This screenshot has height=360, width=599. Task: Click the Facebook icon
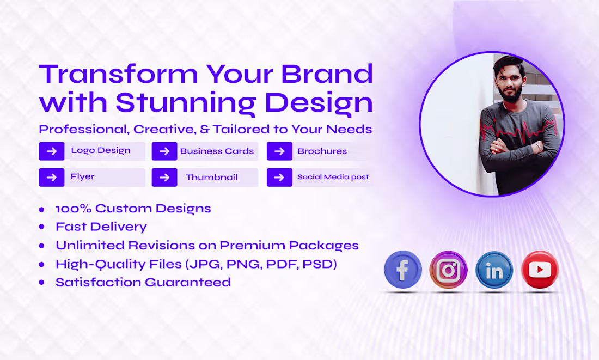(403, 270)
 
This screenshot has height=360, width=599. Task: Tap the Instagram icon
(448, 270)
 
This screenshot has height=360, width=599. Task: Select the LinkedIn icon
(494, 270)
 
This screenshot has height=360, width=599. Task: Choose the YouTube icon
(540, 270)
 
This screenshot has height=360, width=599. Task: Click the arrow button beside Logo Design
(52, 151)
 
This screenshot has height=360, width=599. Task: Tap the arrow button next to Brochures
(279, 151)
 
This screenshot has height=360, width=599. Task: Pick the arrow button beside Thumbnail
(164, 178)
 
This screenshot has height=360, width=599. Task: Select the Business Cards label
(217, 151)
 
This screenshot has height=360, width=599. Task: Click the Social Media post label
(333, 177)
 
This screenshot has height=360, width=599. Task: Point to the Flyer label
(83, 176)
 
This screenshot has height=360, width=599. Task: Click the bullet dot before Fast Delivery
(42, 227)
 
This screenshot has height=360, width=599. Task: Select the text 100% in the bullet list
(74, 209)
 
